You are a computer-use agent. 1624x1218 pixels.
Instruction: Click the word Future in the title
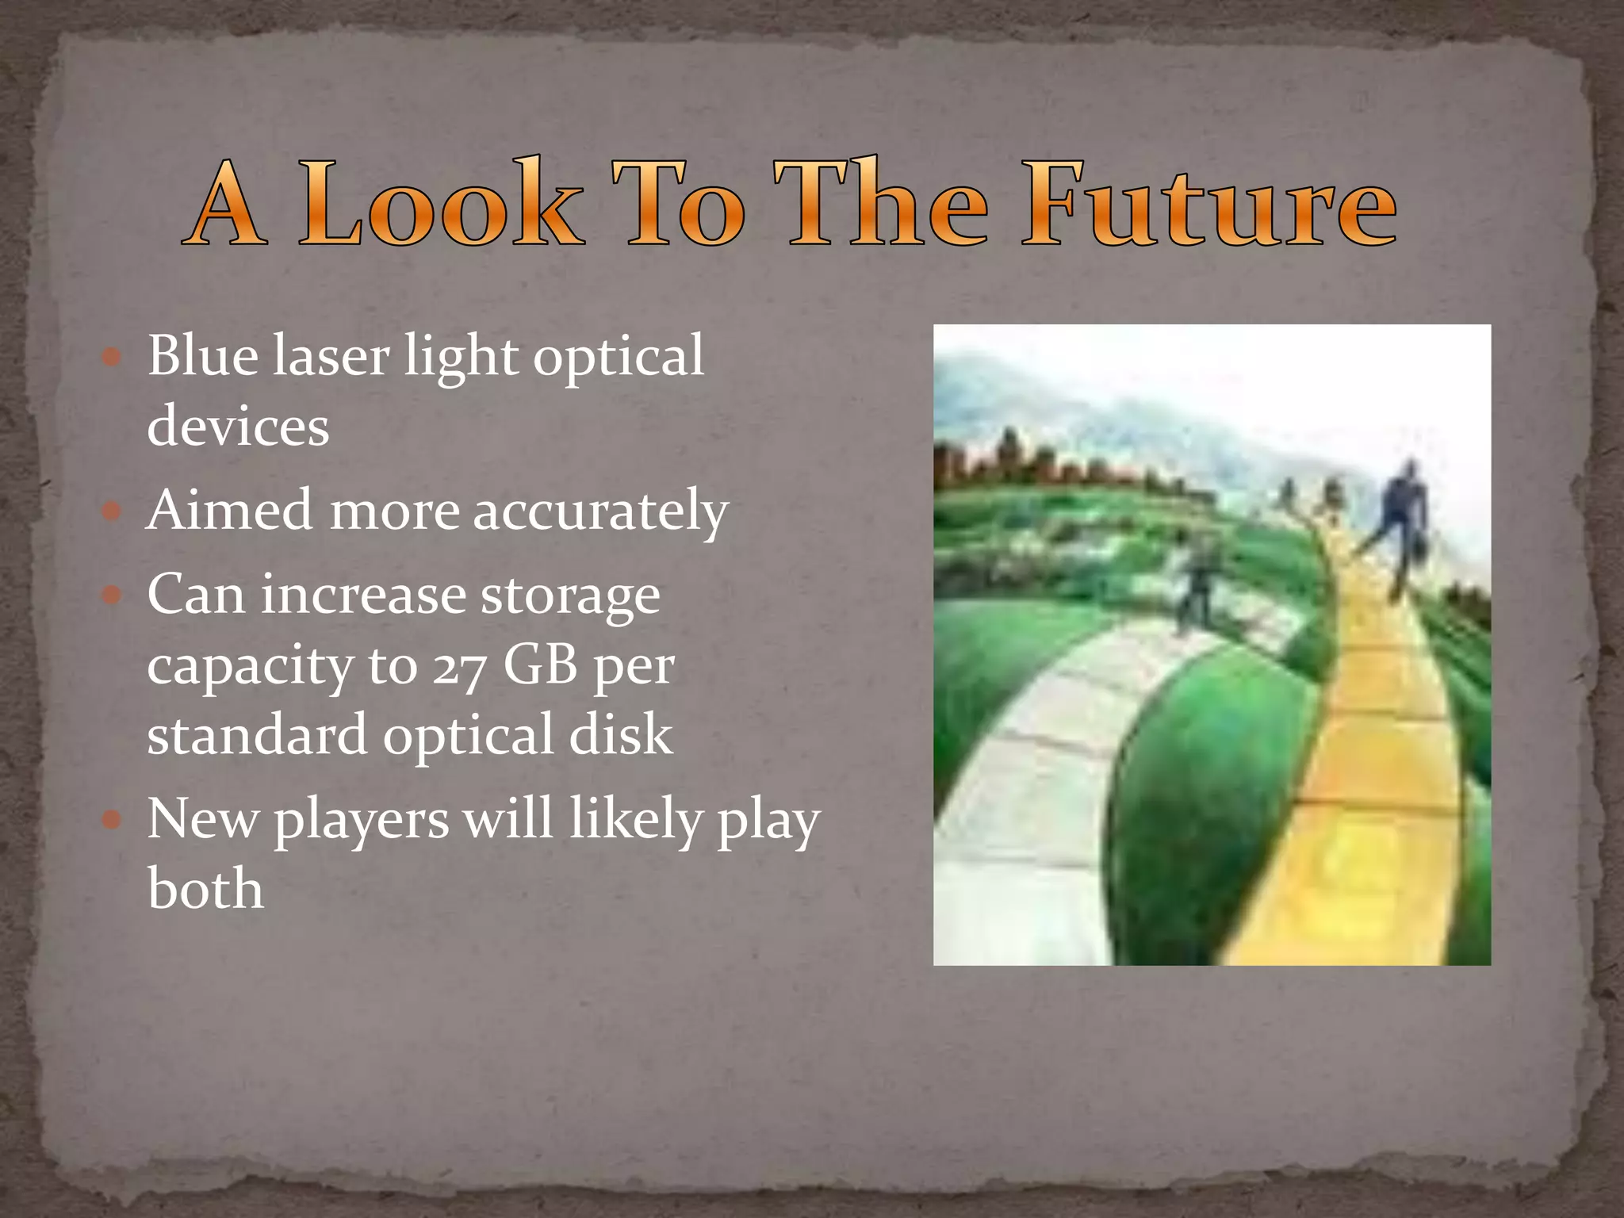point(1208,205)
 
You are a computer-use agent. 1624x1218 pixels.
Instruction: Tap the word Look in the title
point(441,205)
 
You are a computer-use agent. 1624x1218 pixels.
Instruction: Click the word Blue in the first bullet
point(202,355)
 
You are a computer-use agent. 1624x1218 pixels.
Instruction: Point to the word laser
point(331,355)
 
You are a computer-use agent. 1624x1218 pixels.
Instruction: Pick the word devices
point(238,426)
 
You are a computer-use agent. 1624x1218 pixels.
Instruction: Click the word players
point(361,820)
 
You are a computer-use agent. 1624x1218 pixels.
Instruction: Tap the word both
point(205,888)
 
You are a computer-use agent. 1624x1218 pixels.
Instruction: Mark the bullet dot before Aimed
point(112,511)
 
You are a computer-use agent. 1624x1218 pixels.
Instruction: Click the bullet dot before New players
point(112,819)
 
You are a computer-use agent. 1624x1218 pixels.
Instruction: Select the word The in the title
point(881,205)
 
